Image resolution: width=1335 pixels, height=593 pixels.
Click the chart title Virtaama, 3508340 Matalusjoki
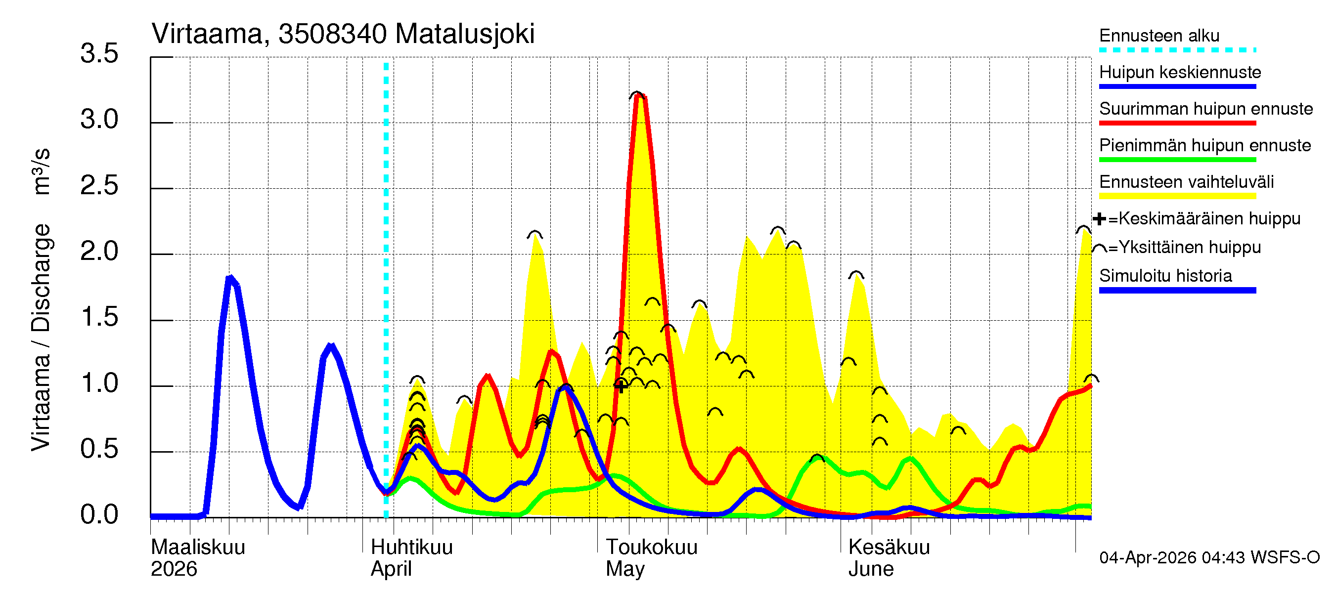343,34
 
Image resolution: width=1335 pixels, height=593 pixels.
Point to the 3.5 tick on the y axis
99,54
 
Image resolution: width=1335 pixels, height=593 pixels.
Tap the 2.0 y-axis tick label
99,252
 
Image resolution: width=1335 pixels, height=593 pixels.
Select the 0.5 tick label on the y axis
99,449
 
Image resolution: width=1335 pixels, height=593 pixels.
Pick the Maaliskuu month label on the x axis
197,548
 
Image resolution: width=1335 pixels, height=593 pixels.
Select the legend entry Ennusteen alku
1159,36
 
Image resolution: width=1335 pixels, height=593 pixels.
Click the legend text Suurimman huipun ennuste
1205,109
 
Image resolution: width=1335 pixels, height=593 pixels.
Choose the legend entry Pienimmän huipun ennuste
1204,145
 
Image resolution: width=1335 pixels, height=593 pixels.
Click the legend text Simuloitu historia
1165,276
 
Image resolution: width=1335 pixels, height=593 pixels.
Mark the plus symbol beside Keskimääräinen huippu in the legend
1099,219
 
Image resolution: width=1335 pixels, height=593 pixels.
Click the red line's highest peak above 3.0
638,96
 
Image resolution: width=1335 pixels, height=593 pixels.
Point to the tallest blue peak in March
230,279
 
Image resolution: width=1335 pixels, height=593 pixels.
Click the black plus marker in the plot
621,386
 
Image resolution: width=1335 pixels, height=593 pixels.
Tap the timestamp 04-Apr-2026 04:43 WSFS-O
1209,558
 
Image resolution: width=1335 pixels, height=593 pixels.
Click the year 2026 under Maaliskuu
174,569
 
